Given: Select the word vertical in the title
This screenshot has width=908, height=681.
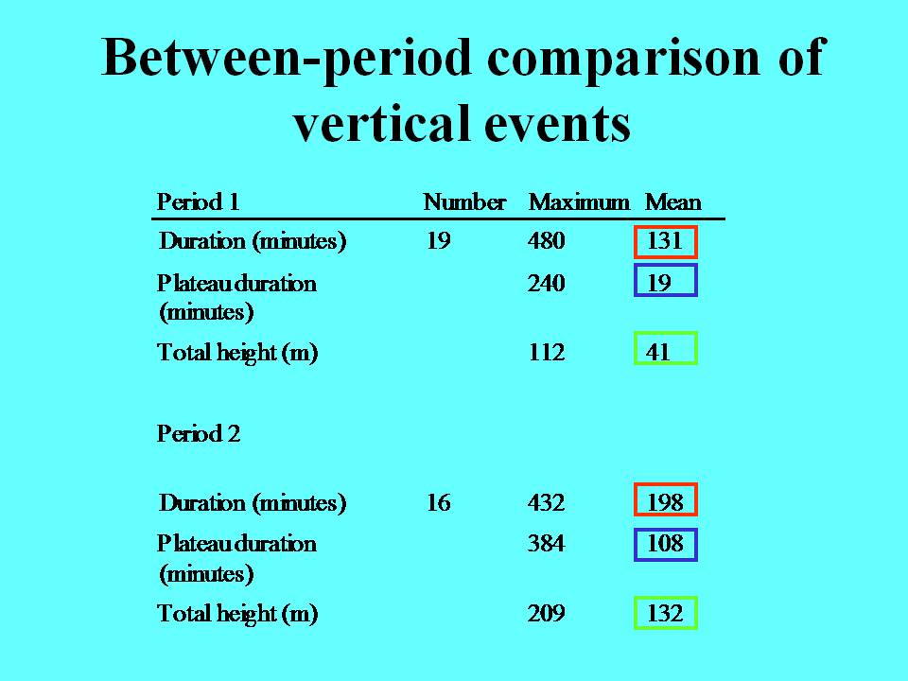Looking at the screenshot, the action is [382, 123].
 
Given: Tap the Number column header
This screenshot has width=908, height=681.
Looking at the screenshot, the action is [464, 202].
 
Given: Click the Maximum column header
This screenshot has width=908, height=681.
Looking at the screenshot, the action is [579, 202].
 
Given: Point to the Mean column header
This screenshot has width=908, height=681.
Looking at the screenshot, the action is [672, 202].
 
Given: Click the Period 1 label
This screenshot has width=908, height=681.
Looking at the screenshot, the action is [198, 202].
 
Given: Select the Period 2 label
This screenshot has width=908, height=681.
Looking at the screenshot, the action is [198, 433].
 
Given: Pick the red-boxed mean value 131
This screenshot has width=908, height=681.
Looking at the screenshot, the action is [664, 240].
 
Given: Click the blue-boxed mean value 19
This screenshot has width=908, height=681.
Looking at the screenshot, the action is [659, 283].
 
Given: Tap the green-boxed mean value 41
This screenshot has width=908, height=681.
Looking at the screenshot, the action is [658, 352].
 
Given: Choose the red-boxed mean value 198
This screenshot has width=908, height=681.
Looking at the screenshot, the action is [665, 502].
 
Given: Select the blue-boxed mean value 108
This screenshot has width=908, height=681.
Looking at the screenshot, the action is [665, 543].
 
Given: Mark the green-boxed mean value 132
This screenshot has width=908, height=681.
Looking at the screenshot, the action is [665, 613].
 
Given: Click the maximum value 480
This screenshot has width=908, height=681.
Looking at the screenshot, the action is [546, 240].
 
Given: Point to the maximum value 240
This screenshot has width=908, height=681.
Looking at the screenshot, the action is [546, 283].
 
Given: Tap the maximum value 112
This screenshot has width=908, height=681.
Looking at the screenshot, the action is [547, 352].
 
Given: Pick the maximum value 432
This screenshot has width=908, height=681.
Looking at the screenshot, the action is [546, 502].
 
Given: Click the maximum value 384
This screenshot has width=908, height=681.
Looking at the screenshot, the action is [546, 543].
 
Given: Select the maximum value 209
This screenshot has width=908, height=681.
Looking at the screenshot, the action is [546, 613].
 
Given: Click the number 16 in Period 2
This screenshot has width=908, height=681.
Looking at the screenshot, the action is [438, 502].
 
